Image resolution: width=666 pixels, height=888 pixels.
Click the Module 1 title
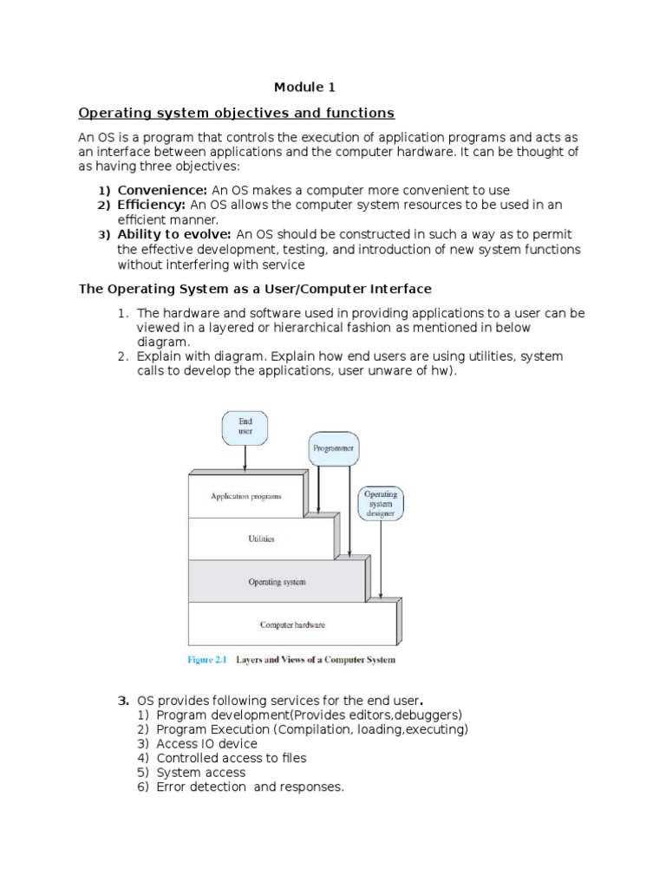(x=304, y=87)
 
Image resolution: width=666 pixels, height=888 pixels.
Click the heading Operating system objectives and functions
(x=237, y=113)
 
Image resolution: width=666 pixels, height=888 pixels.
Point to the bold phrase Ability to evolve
(x=174, y=235)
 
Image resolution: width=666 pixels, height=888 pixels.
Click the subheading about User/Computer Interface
(x=255, y=288)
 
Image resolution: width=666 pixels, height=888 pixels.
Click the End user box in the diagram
(x=245, y=427)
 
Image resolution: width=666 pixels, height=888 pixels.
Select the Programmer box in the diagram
(x=333, y=449)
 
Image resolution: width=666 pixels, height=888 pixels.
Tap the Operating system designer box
(x=380, y=503)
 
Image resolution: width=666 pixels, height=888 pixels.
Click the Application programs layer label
(x=245, y=497)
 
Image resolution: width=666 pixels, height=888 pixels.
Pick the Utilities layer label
(x=261, y=539)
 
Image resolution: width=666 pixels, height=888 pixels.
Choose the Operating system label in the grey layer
(x=277, y=581)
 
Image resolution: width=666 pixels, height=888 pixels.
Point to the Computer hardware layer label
(x=292, y=624)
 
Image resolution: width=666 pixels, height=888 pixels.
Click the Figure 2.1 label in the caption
(x=207, y=660)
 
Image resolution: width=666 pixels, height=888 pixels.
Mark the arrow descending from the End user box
(x=245, y=458)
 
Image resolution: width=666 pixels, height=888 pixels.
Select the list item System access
(x=201, y=772)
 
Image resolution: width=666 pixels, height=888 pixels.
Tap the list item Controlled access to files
(x=232, y=758)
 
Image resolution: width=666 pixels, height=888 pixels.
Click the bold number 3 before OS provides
(x=122, y=700)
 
